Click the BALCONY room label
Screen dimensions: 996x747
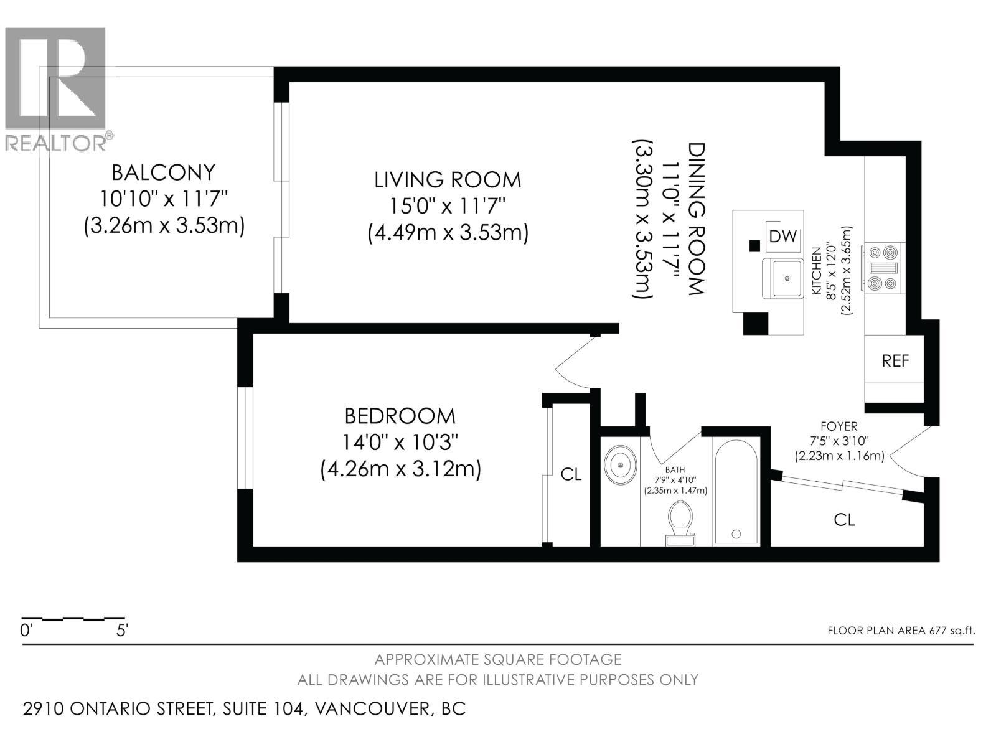[163, 172]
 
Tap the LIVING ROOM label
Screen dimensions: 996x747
[448, 180]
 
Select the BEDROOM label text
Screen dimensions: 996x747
[400, 416]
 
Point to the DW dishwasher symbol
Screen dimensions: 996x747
[783, 237]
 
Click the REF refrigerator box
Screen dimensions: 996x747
[895, 361]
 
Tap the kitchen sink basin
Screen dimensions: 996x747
[782, 278]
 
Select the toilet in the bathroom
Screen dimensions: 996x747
[680, 522]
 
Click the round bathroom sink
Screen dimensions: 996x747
[620, 465]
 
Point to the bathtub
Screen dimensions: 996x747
[736, 491]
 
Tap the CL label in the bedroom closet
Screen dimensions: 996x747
[571, 474]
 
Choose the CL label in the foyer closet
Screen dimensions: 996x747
[844, 520]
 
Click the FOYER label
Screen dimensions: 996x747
[839, 426]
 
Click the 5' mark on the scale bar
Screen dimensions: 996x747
[121, 631]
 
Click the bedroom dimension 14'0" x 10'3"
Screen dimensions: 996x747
[400, 443]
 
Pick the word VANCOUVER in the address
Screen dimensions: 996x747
[372, 708]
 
